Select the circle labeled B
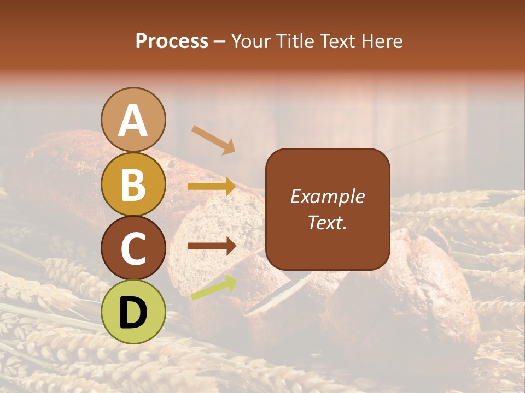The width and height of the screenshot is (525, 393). (x=133, y=194)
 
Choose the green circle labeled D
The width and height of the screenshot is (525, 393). (x=133, y=322)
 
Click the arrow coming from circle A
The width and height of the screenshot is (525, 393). (x=213, y=140)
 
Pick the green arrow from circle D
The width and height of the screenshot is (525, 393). (x=214, y=287)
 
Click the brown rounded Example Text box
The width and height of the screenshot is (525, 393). (x=328, y=209)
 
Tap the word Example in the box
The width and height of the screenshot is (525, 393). (x=328, y=196)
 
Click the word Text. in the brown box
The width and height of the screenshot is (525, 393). (x=328, y=222)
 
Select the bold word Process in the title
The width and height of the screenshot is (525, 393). (x=172, y=41)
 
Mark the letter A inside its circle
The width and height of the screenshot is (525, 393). (x=133, y=121)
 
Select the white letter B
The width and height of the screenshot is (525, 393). (x=133, y=184)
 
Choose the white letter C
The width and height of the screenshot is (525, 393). (x=133, y=248)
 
